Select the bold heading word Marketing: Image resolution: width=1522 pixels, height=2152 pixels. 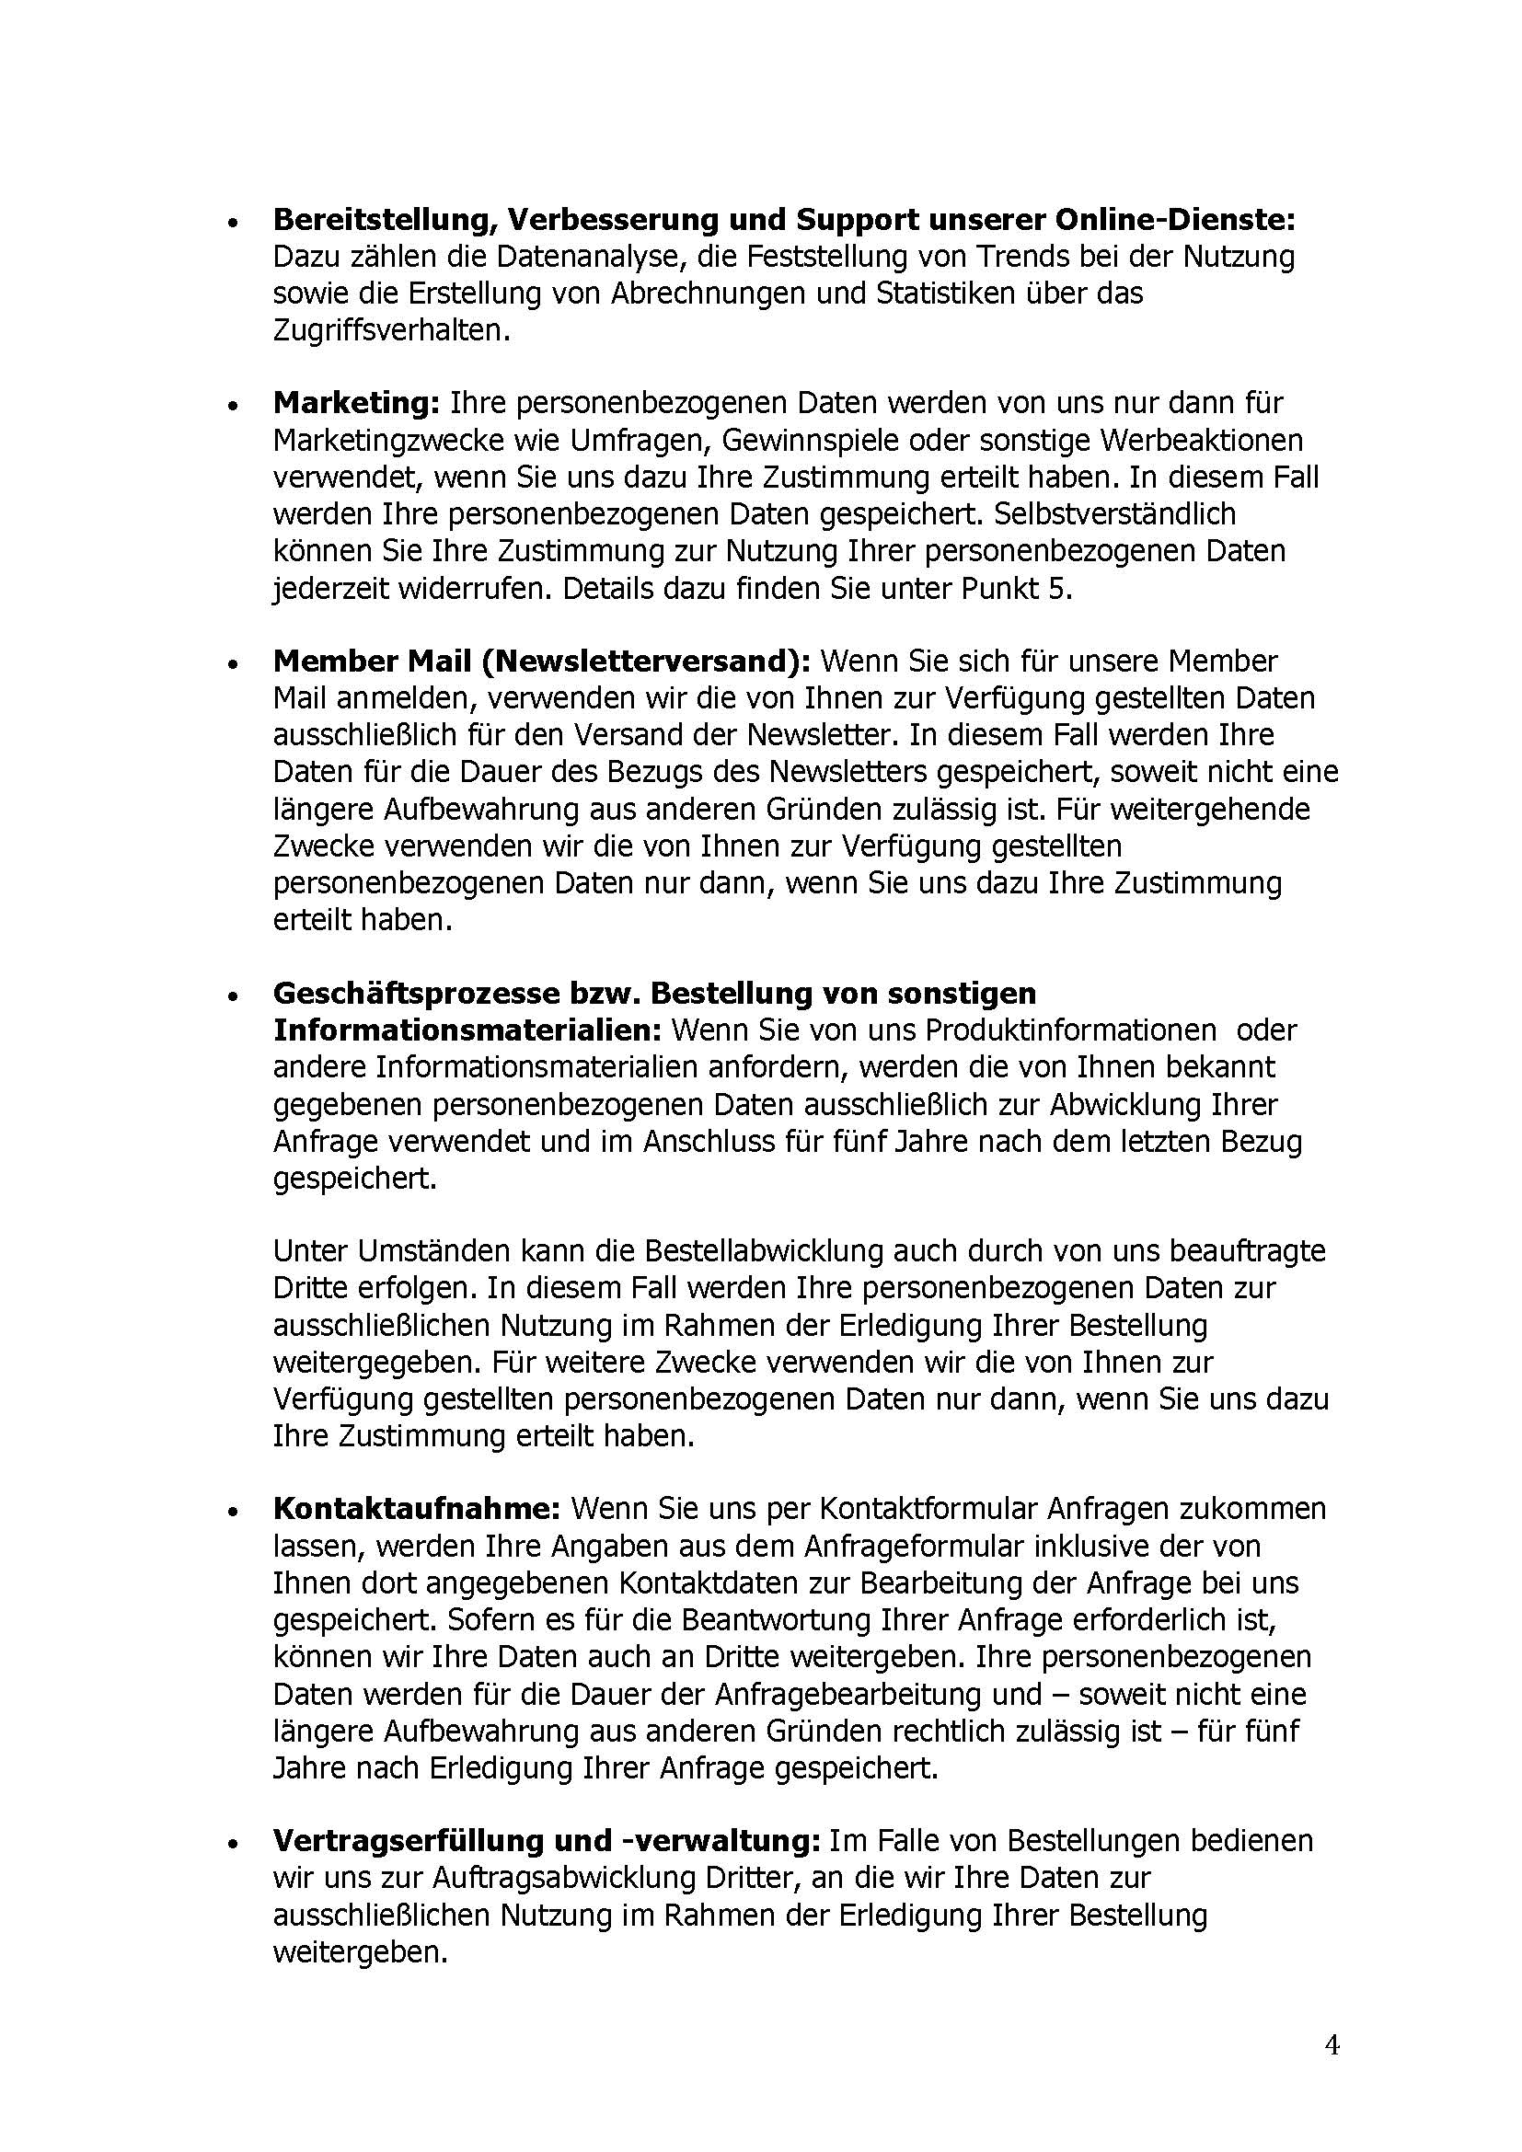pos(356,403)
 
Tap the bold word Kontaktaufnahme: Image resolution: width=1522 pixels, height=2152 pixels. pos(416,1509)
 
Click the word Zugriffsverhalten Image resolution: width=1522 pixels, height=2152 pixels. pos(392,331)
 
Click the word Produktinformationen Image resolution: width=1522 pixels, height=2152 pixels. pos(1071,1030)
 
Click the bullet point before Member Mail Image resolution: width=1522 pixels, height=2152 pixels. pos(232,663)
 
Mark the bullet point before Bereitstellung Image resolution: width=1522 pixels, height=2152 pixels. pos(232,223)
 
